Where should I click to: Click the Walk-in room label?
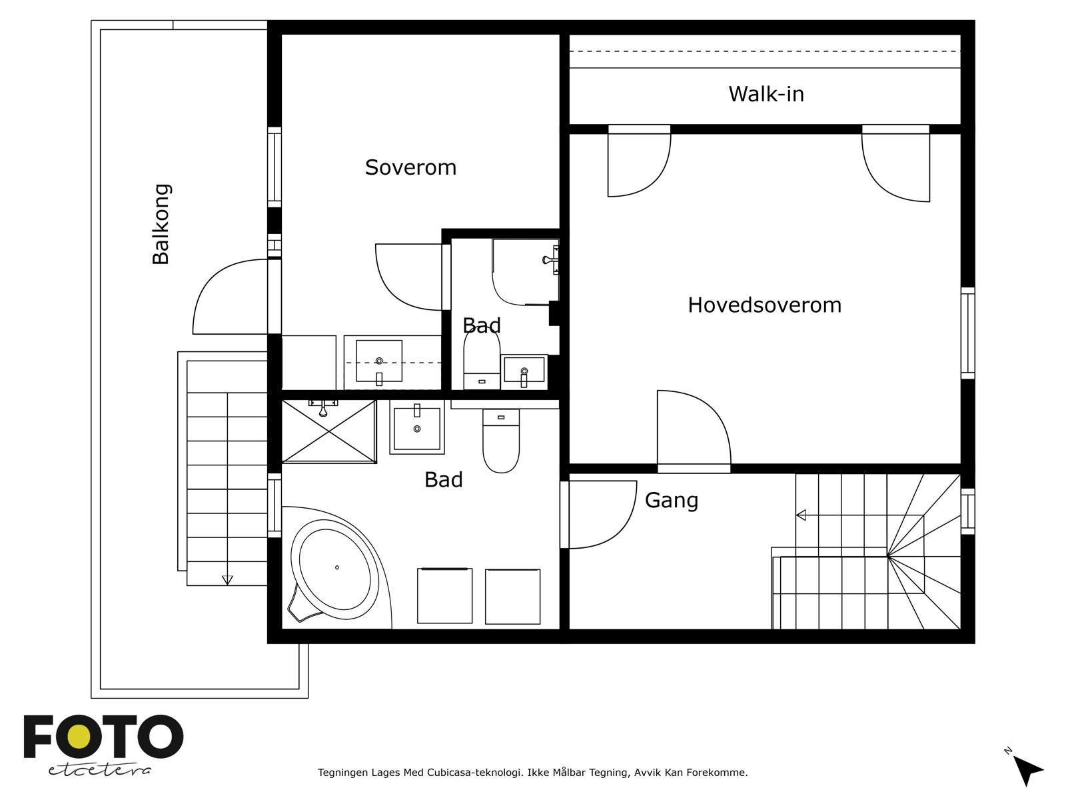766,94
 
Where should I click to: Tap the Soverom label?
410,167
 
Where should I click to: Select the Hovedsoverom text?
764,305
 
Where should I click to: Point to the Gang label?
671,500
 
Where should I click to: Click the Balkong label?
161,224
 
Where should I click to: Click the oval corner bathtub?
335,569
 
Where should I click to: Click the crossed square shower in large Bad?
328,431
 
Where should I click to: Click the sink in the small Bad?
524,372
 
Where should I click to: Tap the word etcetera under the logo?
99,770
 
